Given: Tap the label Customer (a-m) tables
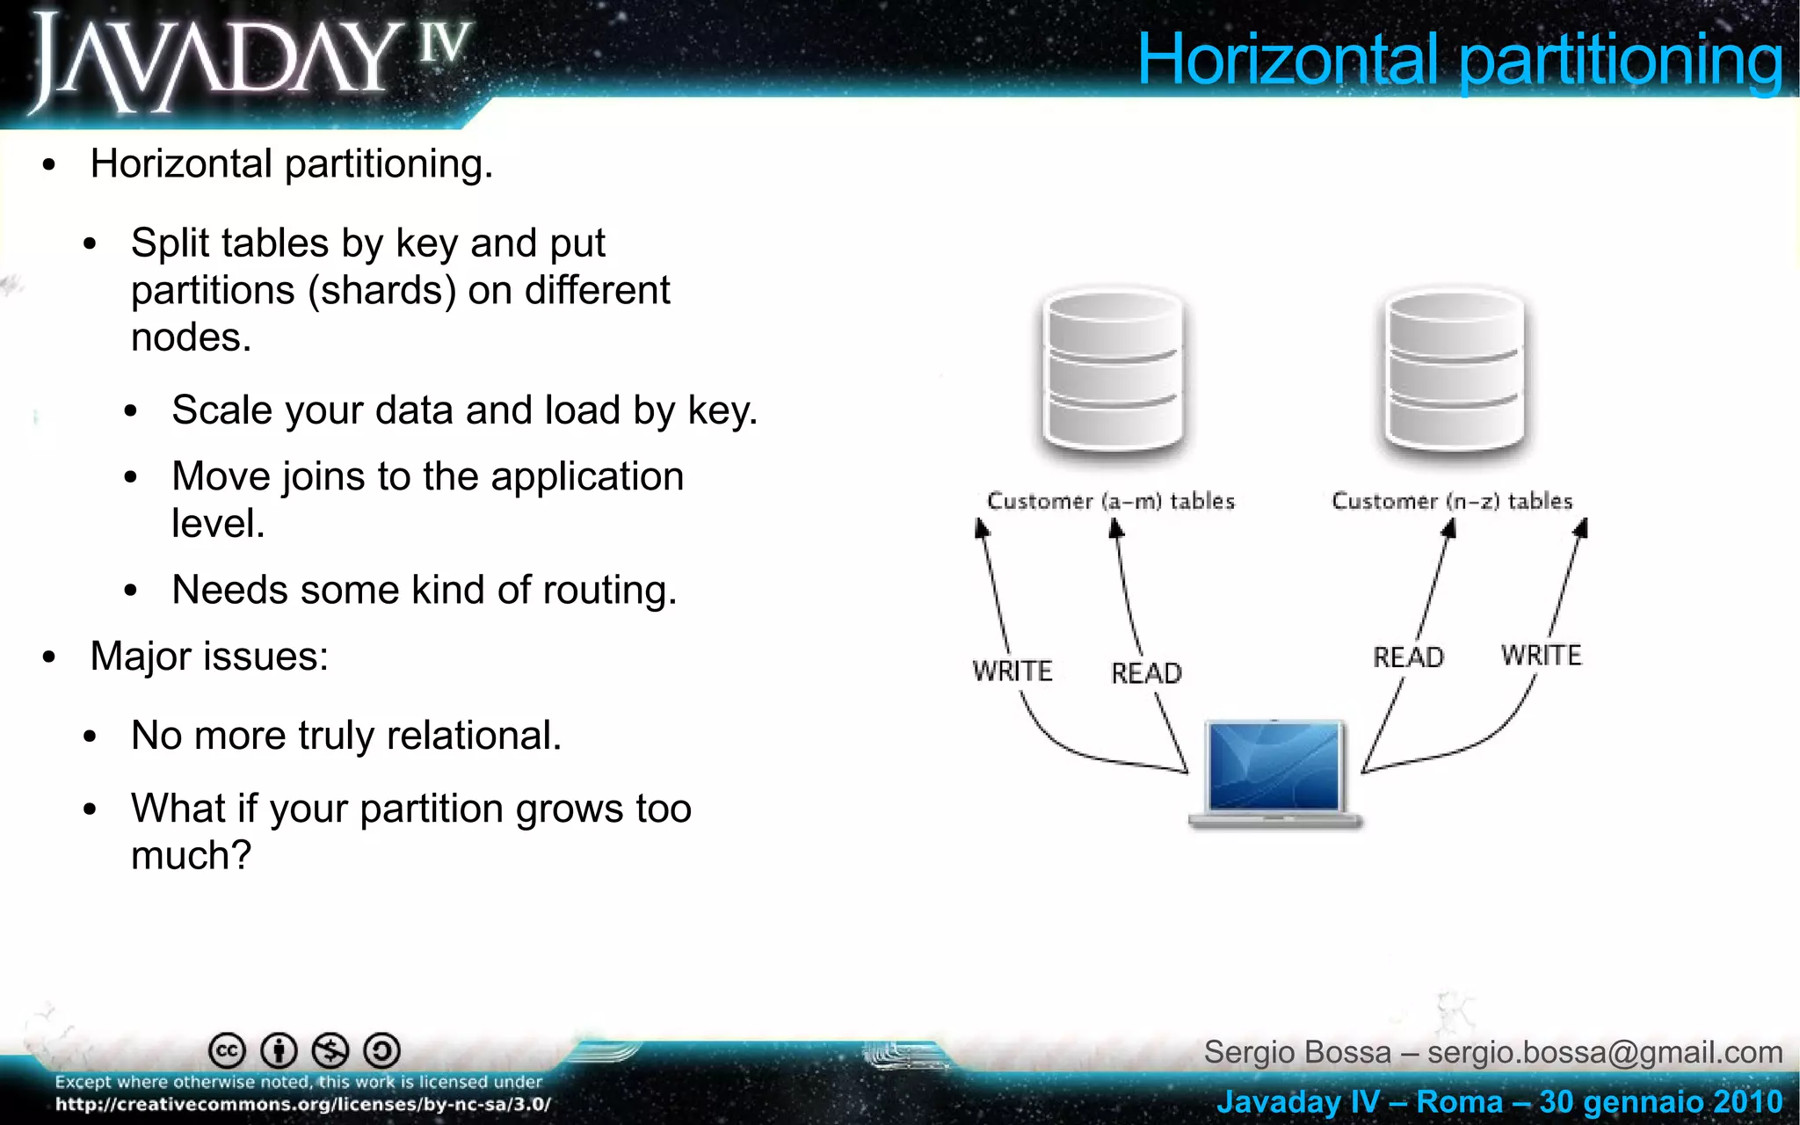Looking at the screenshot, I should [1111, 501].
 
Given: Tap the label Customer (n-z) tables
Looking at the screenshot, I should [1452, 501].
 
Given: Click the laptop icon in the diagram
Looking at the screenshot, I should [1274, 773].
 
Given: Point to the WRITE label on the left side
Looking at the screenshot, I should [1012, 671].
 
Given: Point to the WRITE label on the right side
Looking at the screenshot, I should [1542, 656].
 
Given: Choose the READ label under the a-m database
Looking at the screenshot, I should [1146, 673].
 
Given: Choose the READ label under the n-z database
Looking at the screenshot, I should [1408, 657].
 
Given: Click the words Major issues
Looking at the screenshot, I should [209, 657].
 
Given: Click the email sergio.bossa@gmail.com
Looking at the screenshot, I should [1605, 1052].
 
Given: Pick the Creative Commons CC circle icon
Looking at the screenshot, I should [227, 1050].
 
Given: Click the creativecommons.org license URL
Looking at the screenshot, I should [303, 1105].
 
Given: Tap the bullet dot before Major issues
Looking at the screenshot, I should [49, 657].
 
